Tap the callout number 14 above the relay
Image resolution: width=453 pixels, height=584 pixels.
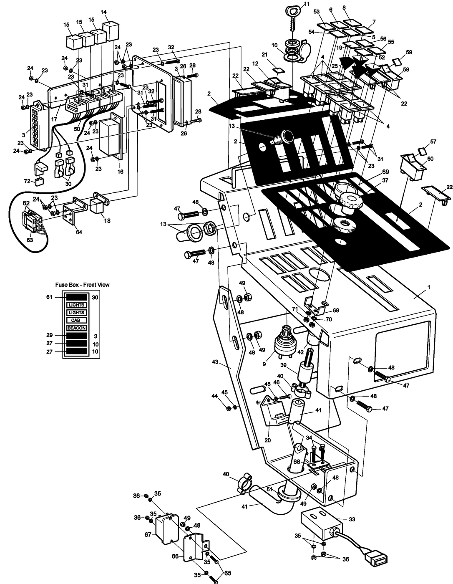tap(104, 12)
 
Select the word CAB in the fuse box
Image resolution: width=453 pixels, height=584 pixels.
tap(75, 320)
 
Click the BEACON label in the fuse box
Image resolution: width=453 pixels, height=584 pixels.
tap(76, 328)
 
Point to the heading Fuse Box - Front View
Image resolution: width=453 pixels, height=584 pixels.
tap(83, 285)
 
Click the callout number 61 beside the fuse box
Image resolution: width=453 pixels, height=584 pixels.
tap(50, 297)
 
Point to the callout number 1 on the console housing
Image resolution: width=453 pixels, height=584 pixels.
tap(428, 288)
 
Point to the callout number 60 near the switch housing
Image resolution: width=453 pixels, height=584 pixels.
tap(430, 159)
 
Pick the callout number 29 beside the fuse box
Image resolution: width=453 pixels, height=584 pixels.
tap(50, 335)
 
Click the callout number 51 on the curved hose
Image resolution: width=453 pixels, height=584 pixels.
tap(270, 490)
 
